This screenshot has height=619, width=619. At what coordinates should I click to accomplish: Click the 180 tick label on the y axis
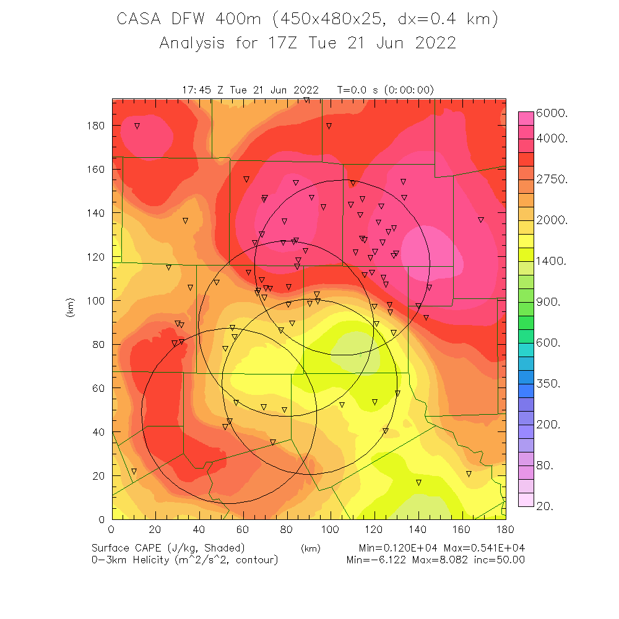click(x=96, y=126)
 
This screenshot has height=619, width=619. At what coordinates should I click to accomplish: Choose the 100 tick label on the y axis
click(x=96, y=301)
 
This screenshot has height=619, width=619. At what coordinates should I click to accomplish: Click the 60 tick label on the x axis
click(x=243, y=529)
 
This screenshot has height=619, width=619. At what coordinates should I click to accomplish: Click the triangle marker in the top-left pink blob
click(x=137, y=126)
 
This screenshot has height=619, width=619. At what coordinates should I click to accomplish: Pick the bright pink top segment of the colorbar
click(x=526, y=118)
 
